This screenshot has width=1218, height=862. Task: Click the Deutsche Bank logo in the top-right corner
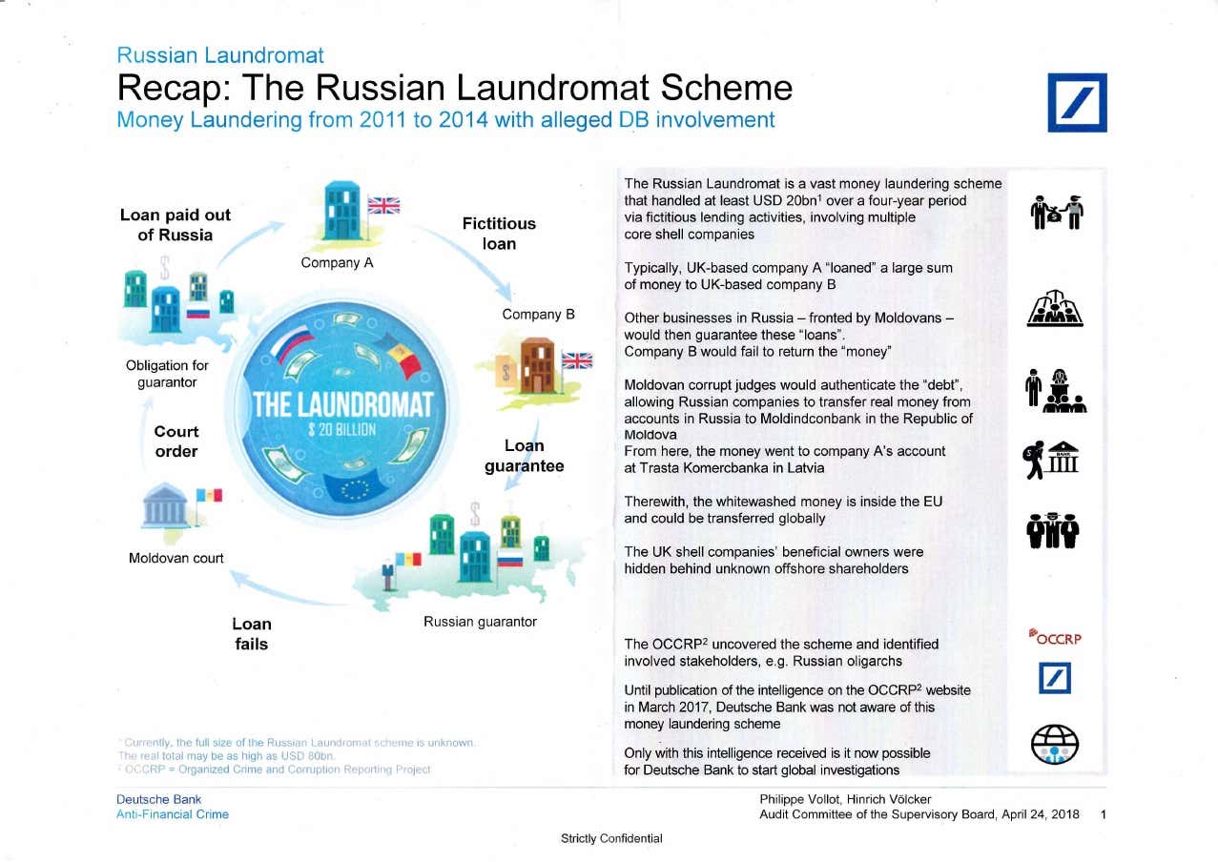pyautogui.click(x=1077, y=102)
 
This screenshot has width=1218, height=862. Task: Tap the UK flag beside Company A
pyautogui.click(x=384, y=205)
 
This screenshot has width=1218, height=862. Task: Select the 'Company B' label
pyautogui.click(x=538, y=315)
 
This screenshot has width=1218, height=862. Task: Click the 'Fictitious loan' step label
pyautogui.click(x=499, y=234)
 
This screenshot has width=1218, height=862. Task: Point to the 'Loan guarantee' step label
pyautogui.click(x=524, y=456)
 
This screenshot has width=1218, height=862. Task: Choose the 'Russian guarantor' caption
pyautogui.click(x=480, y=622)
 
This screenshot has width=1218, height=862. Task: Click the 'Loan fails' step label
pyautogui.click(x=252, y=634)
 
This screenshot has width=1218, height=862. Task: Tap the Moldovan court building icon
pyautogui.click(x=166, y=508)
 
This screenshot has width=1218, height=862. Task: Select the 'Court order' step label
pyautogui.click(x=176, y=441)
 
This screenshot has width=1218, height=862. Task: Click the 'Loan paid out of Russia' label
pyautogui.click(x=175, y=225)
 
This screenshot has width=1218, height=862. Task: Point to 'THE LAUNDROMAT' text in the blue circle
pyautogui.click(x=342, y=403)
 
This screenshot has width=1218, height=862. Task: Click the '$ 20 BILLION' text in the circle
pyautogui.click(x=342, y=429)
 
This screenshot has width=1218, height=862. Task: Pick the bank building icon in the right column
pyautogui.click(x=1066, y=458)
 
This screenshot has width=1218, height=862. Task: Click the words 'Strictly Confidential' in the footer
pyautogui.click(x=611, y=839)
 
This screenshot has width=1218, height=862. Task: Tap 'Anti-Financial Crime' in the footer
pyautogui.click(x=173, y=814)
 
